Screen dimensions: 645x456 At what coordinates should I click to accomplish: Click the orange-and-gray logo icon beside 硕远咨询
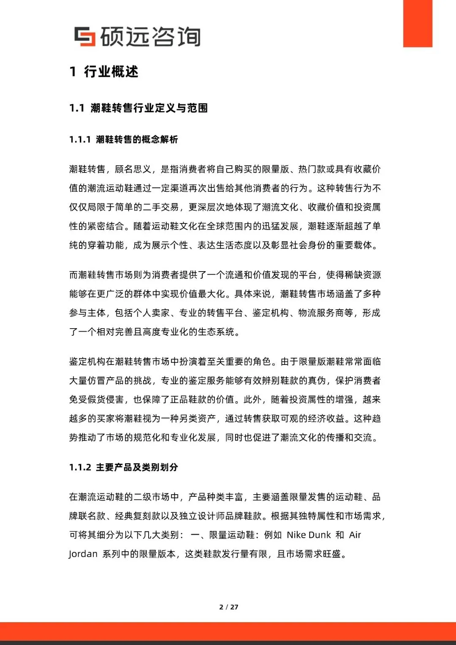84,36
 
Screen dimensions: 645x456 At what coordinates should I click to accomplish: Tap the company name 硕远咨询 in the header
150,37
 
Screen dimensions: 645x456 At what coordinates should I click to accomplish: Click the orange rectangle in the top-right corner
418,23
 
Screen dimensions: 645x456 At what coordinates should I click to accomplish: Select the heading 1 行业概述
104,72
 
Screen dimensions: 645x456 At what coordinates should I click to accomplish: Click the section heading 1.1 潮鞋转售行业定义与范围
138,108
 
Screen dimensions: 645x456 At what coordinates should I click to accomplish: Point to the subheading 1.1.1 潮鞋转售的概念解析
124,139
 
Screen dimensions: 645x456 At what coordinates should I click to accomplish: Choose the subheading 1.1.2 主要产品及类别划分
124,467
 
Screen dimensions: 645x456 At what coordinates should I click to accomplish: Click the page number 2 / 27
229,607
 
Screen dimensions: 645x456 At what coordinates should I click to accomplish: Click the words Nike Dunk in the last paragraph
309,535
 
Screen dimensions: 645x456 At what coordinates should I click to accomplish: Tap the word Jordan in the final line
83,554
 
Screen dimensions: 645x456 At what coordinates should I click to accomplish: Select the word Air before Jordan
355,535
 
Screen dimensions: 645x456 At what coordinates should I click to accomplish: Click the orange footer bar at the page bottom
228,631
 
